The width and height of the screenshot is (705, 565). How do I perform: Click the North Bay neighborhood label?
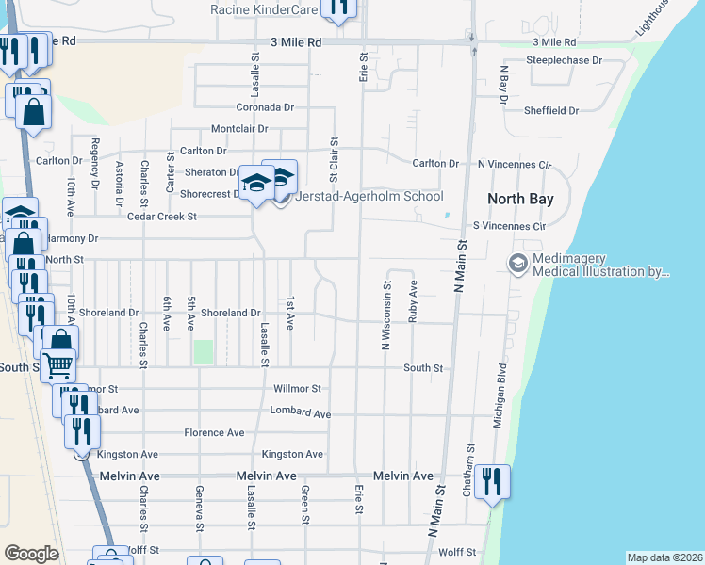519,200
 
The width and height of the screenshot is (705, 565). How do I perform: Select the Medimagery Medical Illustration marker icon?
517,265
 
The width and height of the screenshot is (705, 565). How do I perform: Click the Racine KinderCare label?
265,10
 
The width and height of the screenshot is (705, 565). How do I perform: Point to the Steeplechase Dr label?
564,60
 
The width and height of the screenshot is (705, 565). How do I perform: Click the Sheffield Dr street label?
552,111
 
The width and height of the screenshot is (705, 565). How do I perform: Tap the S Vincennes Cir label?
509,227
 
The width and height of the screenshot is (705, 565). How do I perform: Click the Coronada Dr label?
265,107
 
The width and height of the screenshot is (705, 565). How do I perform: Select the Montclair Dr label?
239,129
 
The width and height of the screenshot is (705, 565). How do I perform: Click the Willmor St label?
297,389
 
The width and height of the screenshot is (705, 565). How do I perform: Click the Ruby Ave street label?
413,301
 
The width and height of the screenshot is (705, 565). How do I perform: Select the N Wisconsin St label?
385,315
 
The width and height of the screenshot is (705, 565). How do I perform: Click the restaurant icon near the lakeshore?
492,482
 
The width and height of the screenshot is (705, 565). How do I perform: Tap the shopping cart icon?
58,363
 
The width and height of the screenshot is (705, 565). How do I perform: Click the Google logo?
31,554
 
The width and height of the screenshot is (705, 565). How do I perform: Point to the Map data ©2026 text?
664,557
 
